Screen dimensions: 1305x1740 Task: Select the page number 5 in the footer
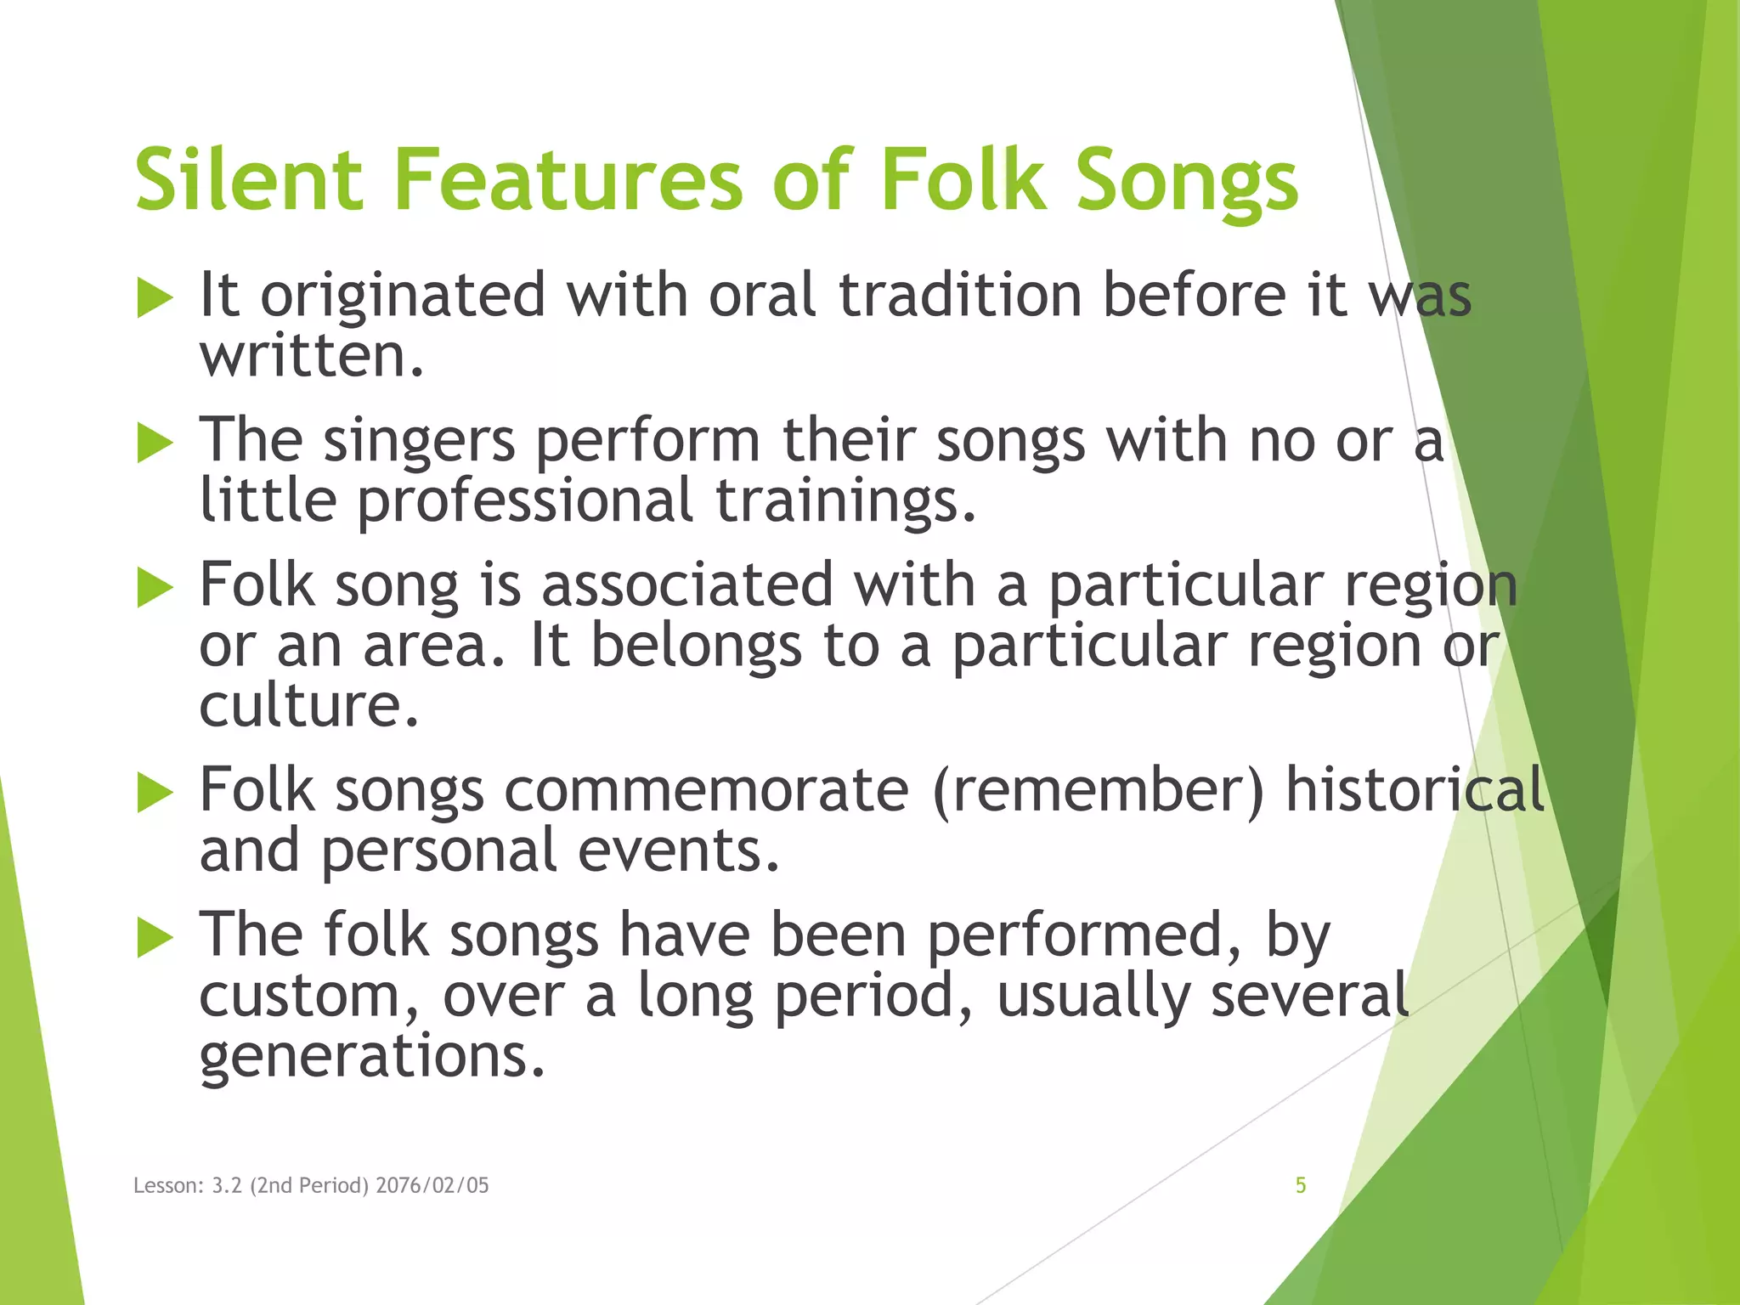[1300, 1185]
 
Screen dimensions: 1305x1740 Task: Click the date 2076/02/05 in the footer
[432, 1185]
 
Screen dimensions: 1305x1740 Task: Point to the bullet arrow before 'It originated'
[155, 300]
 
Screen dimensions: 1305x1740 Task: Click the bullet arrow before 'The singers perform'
[155, 444]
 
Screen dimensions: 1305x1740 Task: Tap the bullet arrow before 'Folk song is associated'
[155, 589]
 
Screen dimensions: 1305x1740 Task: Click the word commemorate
[706, 790]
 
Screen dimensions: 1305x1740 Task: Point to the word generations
[370, 1057]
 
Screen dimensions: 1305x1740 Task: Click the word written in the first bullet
[311, 356]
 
